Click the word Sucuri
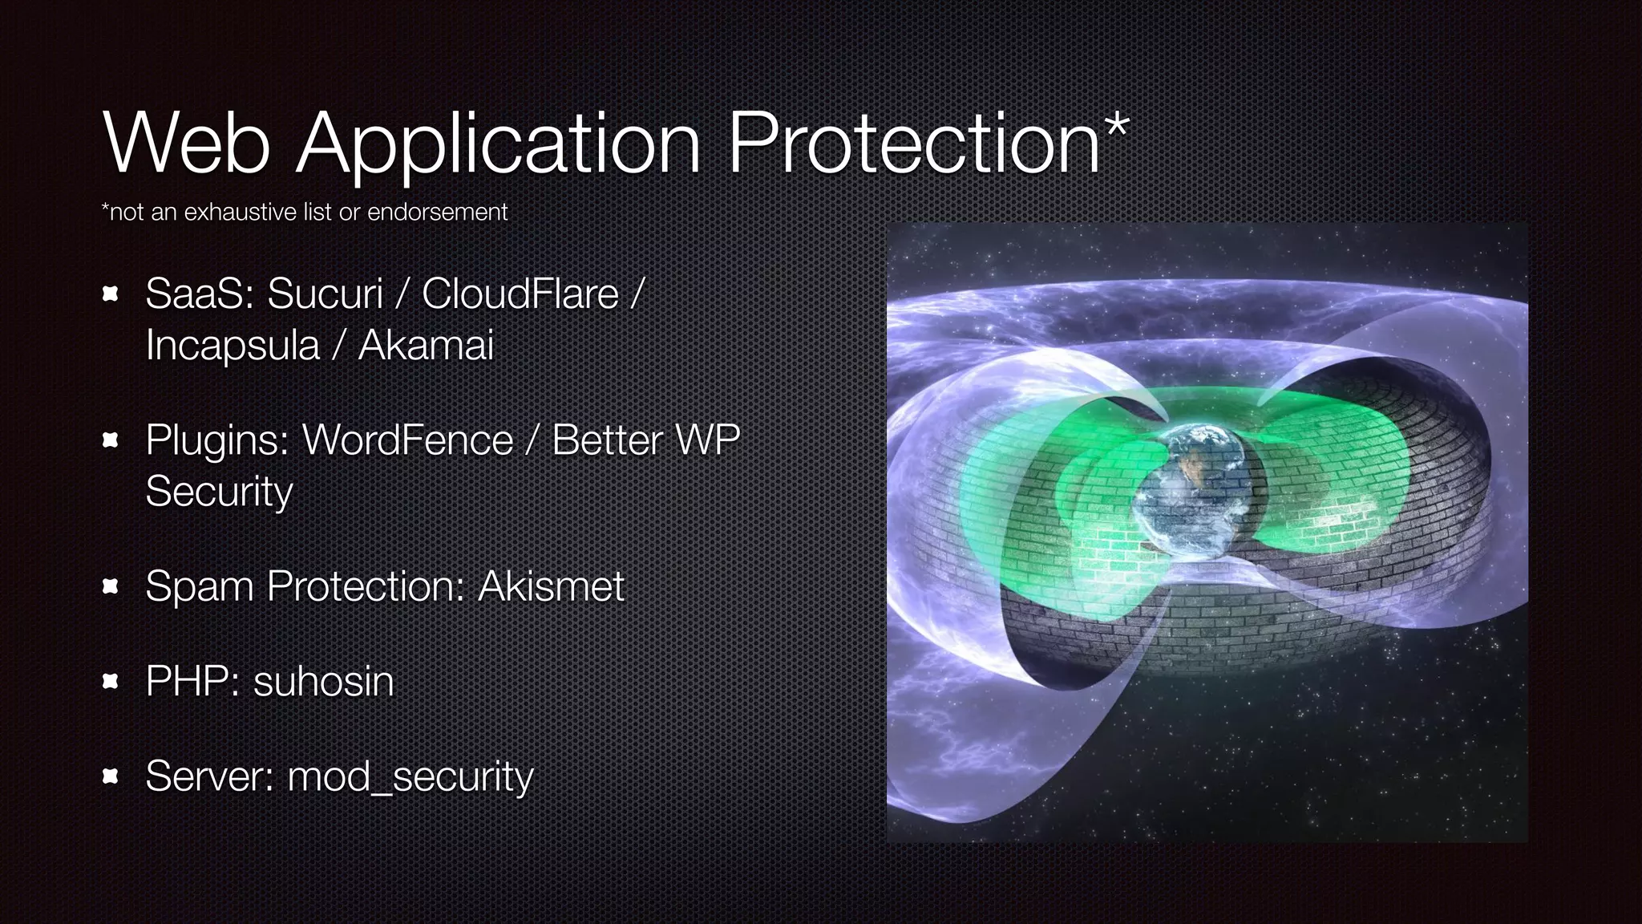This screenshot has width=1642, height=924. click(325, 294)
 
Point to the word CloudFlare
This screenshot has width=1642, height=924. click(520, 294)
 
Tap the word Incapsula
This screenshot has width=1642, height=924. click(233, 345)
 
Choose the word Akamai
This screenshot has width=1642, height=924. click(426, 345)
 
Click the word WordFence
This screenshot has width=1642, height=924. click(407, 440)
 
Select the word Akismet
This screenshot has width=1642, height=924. click(551, 586)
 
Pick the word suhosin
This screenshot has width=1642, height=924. click(323, 681)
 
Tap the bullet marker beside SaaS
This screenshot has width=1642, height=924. click(111, 294)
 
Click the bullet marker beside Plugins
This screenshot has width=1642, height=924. click(111, 440)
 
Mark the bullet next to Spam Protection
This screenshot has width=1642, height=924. click(111, 586)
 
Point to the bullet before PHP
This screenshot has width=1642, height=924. click(111, 682)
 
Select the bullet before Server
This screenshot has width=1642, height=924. click(111, 776)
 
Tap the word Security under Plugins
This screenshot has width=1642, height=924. click(219, 491)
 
